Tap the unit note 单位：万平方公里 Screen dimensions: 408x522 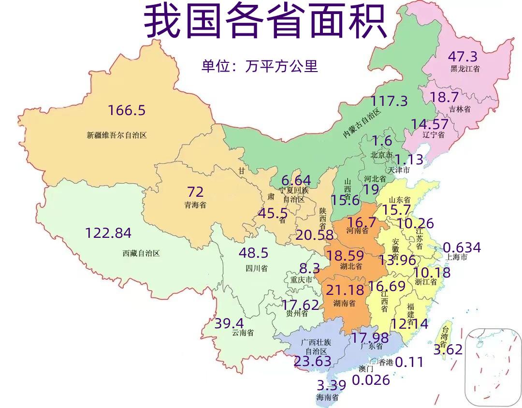(260, 66)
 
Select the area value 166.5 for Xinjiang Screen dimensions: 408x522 (127, 110)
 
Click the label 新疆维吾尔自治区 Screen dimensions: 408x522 (116, 135)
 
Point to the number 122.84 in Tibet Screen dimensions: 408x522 (108, 233)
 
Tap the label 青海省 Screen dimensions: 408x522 (195, 204)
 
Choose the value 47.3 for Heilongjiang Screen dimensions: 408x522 (463, 56)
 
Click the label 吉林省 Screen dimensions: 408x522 (460, 110)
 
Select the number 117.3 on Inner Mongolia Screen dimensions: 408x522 (389, 101)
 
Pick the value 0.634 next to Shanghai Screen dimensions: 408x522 (462, 248)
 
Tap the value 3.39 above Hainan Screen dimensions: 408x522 (332, 386)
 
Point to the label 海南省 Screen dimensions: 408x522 (327, 398)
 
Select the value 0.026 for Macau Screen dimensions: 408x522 (371, 380)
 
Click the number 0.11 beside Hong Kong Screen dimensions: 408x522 (409, 362)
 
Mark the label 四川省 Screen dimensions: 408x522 (256, 267)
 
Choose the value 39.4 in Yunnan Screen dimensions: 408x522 (229, 323)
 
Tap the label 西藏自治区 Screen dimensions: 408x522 (141, 253)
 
